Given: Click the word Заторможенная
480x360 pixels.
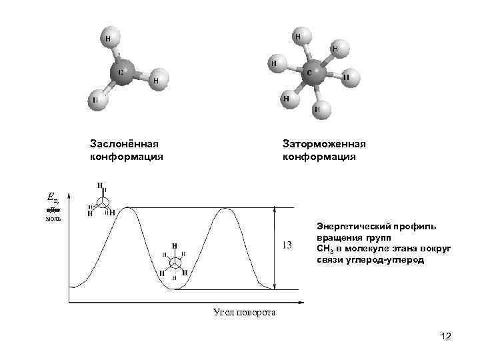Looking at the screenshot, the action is (x=324, y=144).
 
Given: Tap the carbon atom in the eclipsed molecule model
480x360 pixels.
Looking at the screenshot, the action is (x=123, y=71).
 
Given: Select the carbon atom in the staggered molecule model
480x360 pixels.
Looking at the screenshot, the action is (x=311, y=73).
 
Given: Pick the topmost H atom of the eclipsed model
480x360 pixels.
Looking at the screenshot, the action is (x=107, y=39).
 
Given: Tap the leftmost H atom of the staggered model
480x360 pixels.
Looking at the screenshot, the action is (x=273, y=63).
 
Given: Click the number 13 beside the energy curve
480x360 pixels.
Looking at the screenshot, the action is (x=287, y=245).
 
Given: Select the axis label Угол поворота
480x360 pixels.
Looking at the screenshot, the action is (x=244, y=312).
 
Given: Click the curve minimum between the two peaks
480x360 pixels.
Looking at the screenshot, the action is (x=177, y=289).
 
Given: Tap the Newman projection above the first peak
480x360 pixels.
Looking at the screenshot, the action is (x=101, y=201).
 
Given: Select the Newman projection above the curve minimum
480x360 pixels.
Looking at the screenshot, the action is (x=175, y=261).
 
